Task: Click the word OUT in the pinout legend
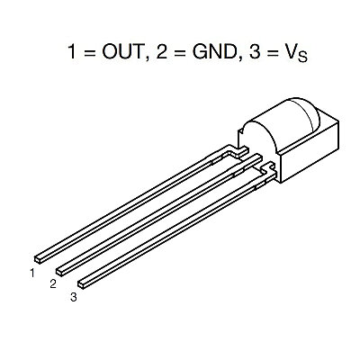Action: (122, 51)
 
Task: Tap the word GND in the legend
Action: (214, 51)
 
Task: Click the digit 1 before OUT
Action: (72, 51)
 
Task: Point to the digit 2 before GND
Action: (162, 51)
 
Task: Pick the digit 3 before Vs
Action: (255, 51)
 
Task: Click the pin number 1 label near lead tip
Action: (32, 274)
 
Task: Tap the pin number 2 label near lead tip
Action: (53, 283)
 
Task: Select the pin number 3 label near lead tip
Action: (74, 297)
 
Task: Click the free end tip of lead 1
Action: (38, 260)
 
